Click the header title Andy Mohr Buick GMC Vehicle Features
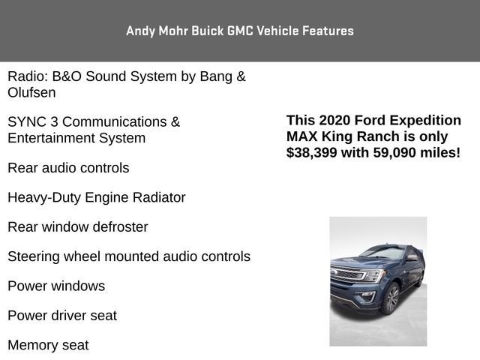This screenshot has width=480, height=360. (x=240, y=31)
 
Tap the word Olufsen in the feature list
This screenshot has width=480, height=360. (x=31, y=93)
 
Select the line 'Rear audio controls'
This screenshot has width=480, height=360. (x=68, y=168)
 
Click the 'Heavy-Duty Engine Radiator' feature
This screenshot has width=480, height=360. (x=96, y=198)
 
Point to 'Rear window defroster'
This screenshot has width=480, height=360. (x=77, y=227)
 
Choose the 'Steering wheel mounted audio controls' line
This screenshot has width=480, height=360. (x=128, y=256)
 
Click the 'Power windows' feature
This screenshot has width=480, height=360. (x=56, y=286)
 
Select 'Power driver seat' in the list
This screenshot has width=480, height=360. (x=62, y=316)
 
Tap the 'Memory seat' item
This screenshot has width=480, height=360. (x=48, y=346)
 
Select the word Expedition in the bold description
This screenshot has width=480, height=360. (x=424, y=121)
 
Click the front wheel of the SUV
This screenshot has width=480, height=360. (x=390, y=298)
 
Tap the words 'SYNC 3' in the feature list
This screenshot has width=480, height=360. (x=32, y=122)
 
